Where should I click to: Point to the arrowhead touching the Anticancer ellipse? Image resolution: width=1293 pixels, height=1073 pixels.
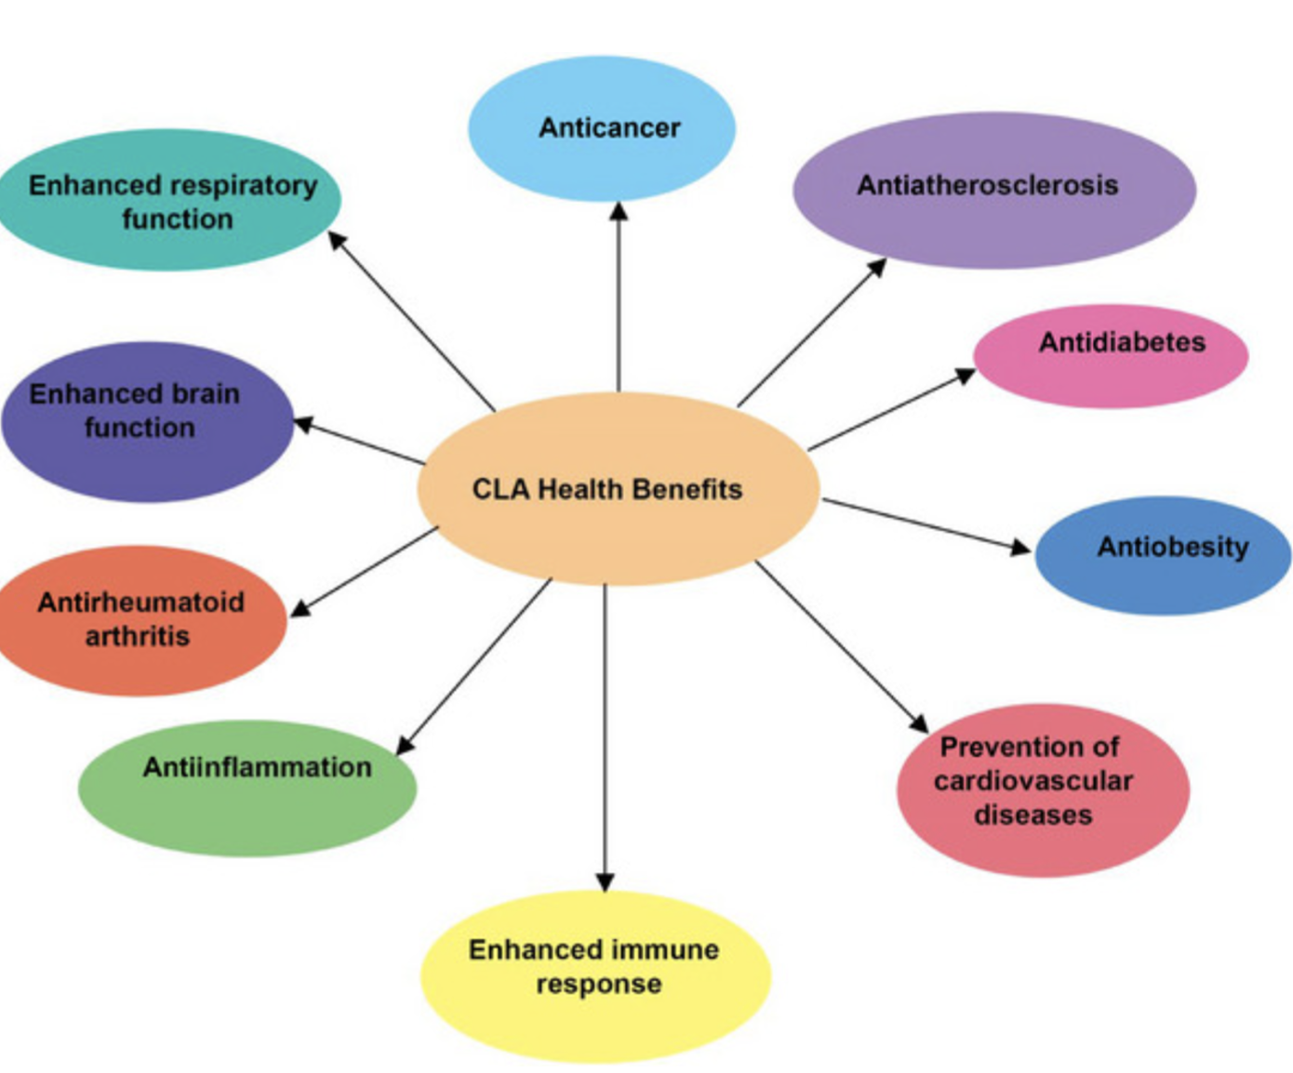point(619,211)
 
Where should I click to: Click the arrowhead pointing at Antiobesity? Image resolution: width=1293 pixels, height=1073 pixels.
point(1021,547)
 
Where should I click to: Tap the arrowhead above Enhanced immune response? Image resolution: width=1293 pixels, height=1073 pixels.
point(606,881)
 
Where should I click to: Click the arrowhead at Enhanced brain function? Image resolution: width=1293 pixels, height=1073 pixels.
point(303,425)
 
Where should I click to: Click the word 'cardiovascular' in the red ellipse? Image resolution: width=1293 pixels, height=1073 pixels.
point(1033,780)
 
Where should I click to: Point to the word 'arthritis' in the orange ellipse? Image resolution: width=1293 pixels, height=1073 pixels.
point(138,636)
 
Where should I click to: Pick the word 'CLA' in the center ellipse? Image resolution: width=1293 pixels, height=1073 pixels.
point(500,489)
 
